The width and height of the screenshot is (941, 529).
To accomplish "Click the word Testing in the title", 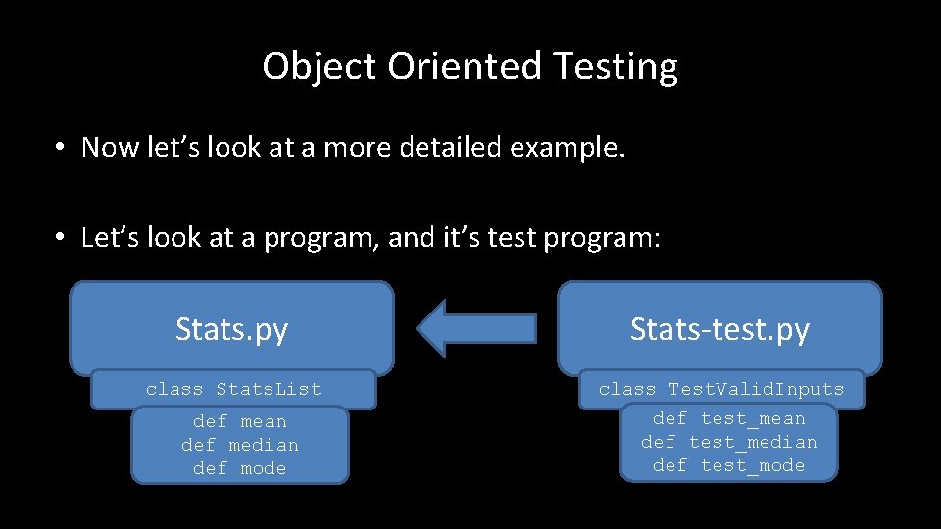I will coord(615,68).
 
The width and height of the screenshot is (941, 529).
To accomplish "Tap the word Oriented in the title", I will coord(465,68).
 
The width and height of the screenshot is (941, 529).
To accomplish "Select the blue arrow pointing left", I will coord(476,328).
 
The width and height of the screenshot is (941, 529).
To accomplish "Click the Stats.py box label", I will coord(231,329).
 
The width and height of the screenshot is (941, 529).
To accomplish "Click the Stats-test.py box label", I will coord(719,329).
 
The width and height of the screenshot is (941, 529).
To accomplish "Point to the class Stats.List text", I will coord(233,389).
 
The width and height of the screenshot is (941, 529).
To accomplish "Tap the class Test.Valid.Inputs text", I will coord(720,389).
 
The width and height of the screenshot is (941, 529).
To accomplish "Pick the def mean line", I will coord(239,422).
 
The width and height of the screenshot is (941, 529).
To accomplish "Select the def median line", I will coord(239,445).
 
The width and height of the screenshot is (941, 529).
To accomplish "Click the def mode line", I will coord(239,468).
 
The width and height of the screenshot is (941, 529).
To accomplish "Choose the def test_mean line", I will coord(728,419).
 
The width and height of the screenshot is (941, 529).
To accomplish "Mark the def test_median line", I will coord(728,442).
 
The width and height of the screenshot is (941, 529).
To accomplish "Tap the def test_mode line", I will coord(728,465).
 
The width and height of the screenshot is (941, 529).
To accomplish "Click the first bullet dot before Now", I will coord(61,148).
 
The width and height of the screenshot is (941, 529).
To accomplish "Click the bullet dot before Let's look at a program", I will coord(61,239).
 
